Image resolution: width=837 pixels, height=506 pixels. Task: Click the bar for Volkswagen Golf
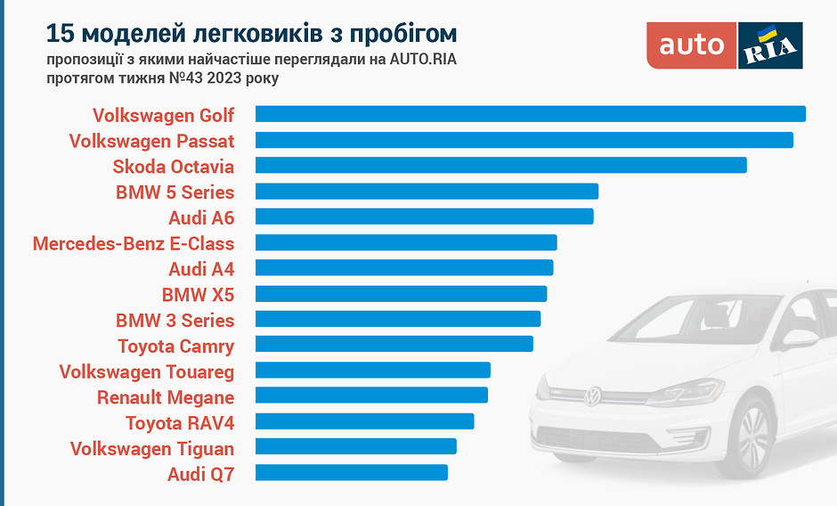tap(530, 114)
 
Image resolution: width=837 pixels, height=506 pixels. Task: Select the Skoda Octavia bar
tap(500, 166)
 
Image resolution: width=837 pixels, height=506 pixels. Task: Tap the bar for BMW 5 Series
tap(427, 192)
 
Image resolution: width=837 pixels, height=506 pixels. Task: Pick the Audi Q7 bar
tap(351, 472)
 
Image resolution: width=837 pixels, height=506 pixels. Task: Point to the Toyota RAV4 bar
tap(364, 421)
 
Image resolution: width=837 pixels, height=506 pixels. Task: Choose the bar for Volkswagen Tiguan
tap(355, 446)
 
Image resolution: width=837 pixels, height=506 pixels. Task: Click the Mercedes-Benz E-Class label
tap(134, 243)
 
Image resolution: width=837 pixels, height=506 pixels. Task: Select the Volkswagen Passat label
tap(151, 141)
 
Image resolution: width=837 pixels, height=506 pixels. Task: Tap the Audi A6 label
tap(201, 217)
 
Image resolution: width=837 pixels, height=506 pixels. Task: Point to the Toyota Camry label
tap(176, 346)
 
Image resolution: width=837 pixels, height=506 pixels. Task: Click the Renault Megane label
tap(166, 397)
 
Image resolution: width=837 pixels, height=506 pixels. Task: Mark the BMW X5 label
tap(198, 294)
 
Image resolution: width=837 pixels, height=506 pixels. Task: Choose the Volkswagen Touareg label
tap(147, 371)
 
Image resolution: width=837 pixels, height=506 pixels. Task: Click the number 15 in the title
tap(60, 34)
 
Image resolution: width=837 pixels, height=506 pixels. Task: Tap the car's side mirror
tap(799, 339)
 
